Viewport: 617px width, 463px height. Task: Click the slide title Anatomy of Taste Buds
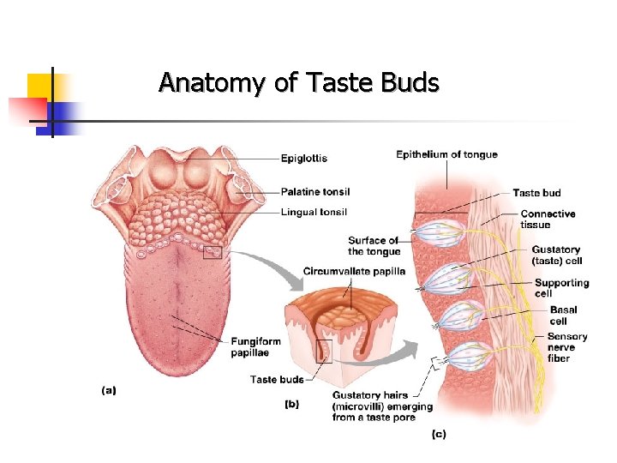(x=298, y=83)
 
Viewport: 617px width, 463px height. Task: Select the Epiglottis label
(x=303, y=159)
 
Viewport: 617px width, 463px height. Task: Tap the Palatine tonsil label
(x=314, y=191)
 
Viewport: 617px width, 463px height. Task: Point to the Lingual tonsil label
(x=313, y=212)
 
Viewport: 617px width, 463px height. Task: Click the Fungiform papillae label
(x=255, y=347)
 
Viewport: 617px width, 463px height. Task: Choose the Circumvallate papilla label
(x=354, y=272)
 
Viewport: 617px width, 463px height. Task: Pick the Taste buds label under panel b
(x=277, y=379)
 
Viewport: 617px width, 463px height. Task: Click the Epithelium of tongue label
(x=446, y=155)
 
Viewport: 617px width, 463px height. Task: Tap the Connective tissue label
(x=548, y=219)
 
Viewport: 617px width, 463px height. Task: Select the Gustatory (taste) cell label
(x=555, y=255)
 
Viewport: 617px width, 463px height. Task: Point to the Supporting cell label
(x=561, y=288)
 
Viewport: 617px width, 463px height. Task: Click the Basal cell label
(x=563, y=316)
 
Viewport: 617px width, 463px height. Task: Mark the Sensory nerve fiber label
(x=567, y=347)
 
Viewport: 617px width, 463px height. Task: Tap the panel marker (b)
(x=291, y=404)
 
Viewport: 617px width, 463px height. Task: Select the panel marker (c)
(x=438, y=434)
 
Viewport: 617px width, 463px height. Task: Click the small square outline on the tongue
(x=212, y=252)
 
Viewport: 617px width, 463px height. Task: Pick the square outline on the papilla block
(x=323, y=351)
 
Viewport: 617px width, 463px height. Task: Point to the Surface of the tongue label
(x=374, y=246)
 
